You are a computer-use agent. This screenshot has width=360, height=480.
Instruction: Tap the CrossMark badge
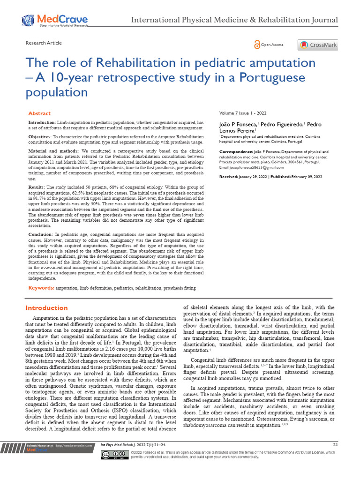point(317,45)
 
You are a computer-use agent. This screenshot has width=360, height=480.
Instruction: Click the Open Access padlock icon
point(257,45)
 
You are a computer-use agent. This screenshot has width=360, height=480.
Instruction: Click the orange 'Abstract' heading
point(39,113)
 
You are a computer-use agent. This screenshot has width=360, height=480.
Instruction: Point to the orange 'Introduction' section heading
point(46,308)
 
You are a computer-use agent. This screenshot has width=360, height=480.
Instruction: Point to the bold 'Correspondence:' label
point(235,152)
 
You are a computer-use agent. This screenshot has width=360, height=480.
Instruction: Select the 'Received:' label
point(230,177)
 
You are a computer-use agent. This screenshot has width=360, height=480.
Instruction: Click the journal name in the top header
point(234,20)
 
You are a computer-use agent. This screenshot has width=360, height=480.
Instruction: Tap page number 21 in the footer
point(335,444)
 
